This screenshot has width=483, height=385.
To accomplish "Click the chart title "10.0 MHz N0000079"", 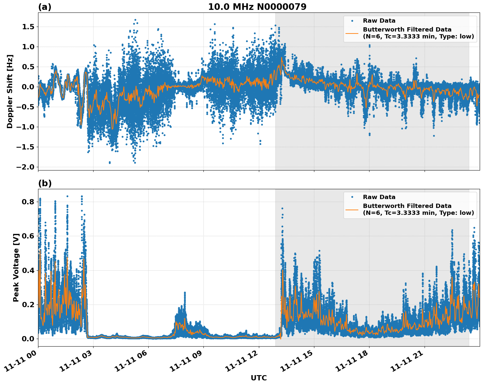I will [x=257, y=7].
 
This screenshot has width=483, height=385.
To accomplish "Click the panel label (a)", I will [x=45, y=7].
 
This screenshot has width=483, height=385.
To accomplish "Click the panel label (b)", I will [x=45, y=183].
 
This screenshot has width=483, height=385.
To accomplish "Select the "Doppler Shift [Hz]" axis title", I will [x=10, y=91].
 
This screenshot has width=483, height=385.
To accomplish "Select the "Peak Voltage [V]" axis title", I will [x=16, y=267].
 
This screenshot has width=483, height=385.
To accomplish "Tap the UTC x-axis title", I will [x=259, y=378].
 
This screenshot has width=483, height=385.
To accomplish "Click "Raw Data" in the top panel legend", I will [x=379, y=21].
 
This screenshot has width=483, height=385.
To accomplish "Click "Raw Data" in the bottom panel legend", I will [x=379, y=197].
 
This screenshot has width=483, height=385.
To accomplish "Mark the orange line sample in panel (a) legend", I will [x=352, y=33].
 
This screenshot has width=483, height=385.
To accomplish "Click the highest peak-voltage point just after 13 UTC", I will [x=282, y=208].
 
